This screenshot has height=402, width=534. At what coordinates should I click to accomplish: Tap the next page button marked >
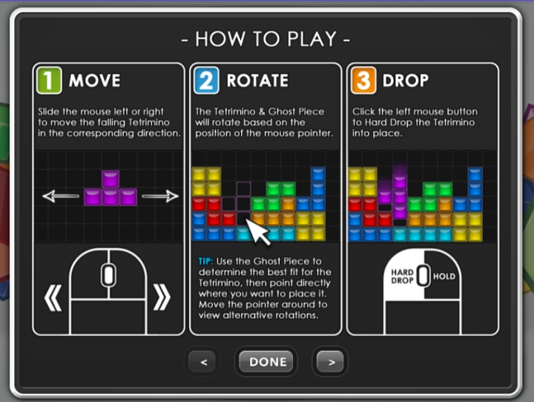(329, 362)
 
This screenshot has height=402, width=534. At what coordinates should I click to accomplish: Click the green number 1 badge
(49, 80)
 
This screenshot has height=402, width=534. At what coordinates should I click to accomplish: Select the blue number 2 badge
(206, 80)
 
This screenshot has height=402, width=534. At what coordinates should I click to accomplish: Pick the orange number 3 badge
(363, 80)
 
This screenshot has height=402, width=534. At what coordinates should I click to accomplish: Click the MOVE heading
(94, 81)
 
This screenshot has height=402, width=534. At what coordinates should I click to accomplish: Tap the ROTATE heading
(257, 81)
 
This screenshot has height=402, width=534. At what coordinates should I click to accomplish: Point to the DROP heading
(405, 81)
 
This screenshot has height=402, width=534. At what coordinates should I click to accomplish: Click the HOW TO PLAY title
(266, 39)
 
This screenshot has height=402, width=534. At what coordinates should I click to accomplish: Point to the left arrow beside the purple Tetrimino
(61, 197)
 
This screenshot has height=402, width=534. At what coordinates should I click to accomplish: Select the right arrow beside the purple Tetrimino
(160, 197)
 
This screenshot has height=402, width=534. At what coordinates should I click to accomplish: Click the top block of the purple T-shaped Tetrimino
(111, 179)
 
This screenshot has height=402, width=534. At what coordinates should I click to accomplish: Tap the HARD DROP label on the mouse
(402, 277)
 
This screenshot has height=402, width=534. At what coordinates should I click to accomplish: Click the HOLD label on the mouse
(444, 277)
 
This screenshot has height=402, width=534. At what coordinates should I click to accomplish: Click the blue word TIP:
(205, 261)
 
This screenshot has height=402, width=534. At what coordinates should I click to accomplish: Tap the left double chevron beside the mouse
(53, 297)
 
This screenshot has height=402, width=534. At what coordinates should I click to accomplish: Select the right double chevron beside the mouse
(162, 297)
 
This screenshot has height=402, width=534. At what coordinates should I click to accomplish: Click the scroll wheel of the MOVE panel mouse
(108, 275)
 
